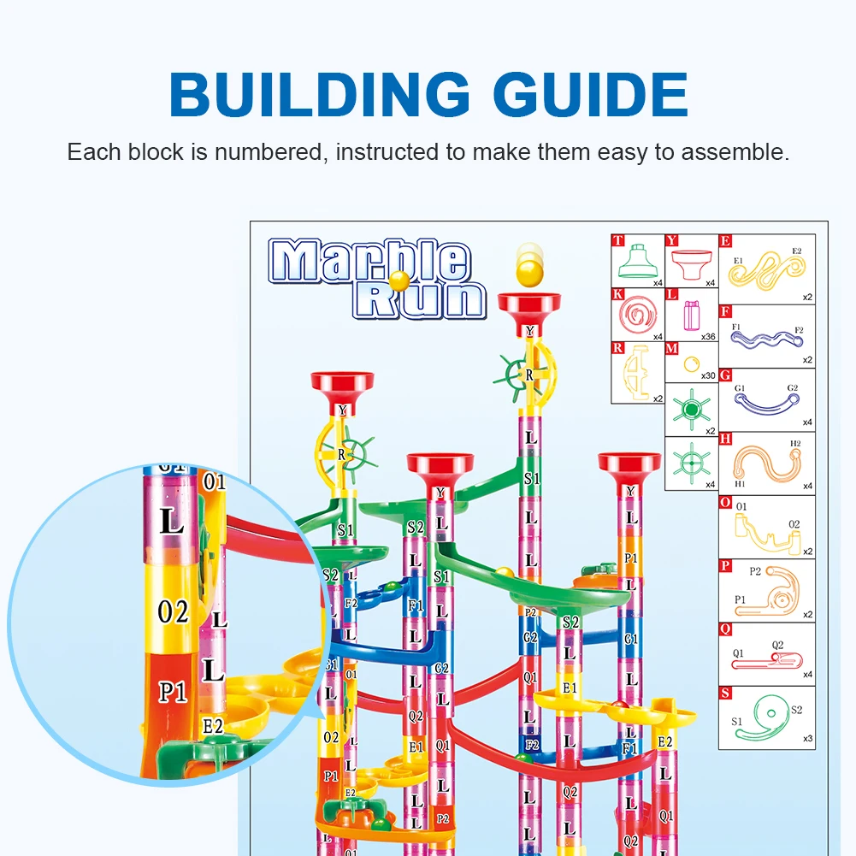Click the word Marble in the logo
coord(369,261)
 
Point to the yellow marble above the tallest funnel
coord(528,273)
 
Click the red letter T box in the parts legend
coord(617,240)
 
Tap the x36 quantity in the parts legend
coord(707,336)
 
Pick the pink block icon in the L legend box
coord(690,315)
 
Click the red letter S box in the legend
coord(725,693)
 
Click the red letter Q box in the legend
coord(725,629)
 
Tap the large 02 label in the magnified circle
coord(173,612)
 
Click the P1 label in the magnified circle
coord(173,691)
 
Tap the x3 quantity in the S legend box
coord(806,738)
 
